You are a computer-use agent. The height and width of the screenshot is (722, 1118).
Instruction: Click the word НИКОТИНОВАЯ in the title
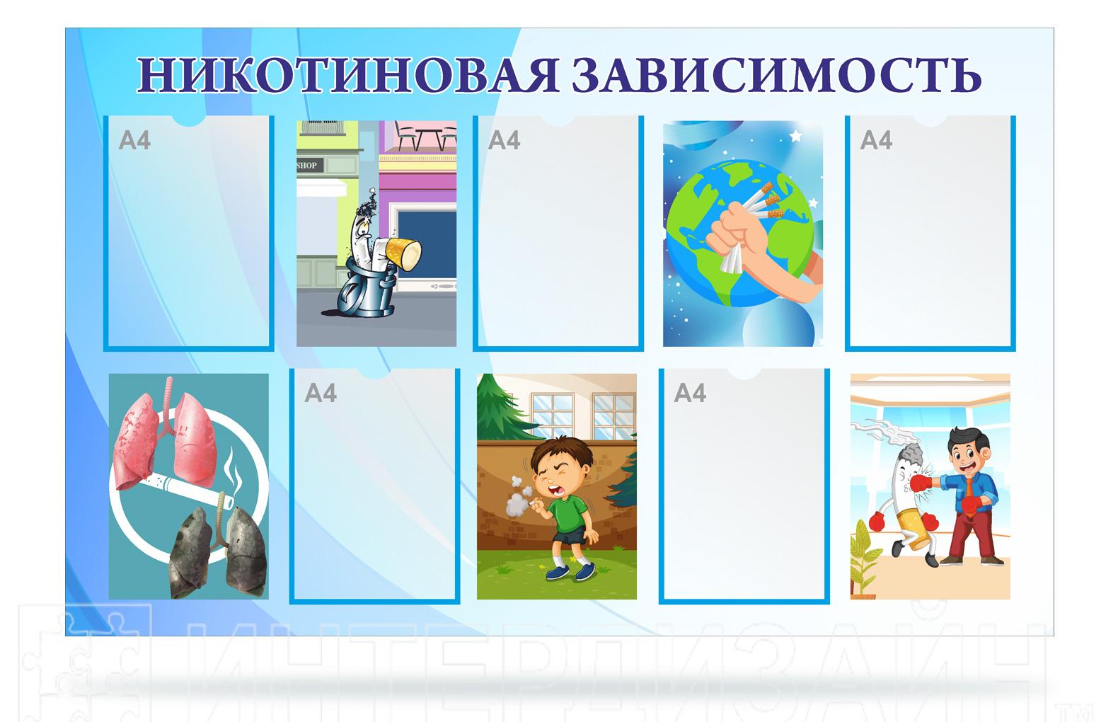348,75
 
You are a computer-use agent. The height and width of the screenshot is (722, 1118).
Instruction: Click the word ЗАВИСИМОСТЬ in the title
777,75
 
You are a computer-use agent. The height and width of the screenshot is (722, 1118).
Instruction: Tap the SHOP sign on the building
307,165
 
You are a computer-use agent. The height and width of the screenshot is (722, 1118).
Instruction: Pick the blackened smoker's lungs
218,549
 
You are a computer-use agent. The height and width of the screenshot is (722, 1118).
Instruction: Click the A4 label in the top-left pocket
134,140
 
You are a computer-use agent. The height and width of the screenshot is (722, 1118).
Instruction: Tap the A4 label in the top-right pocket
876,140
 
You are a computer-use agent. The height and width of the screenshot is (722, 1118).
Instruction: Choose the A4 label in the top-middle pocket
504,140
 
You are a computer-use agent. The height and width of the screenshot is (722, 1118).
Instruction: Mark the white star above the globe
795,135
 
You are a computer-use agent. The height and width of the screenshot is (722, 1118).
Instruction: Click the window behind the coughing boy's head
552,416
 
